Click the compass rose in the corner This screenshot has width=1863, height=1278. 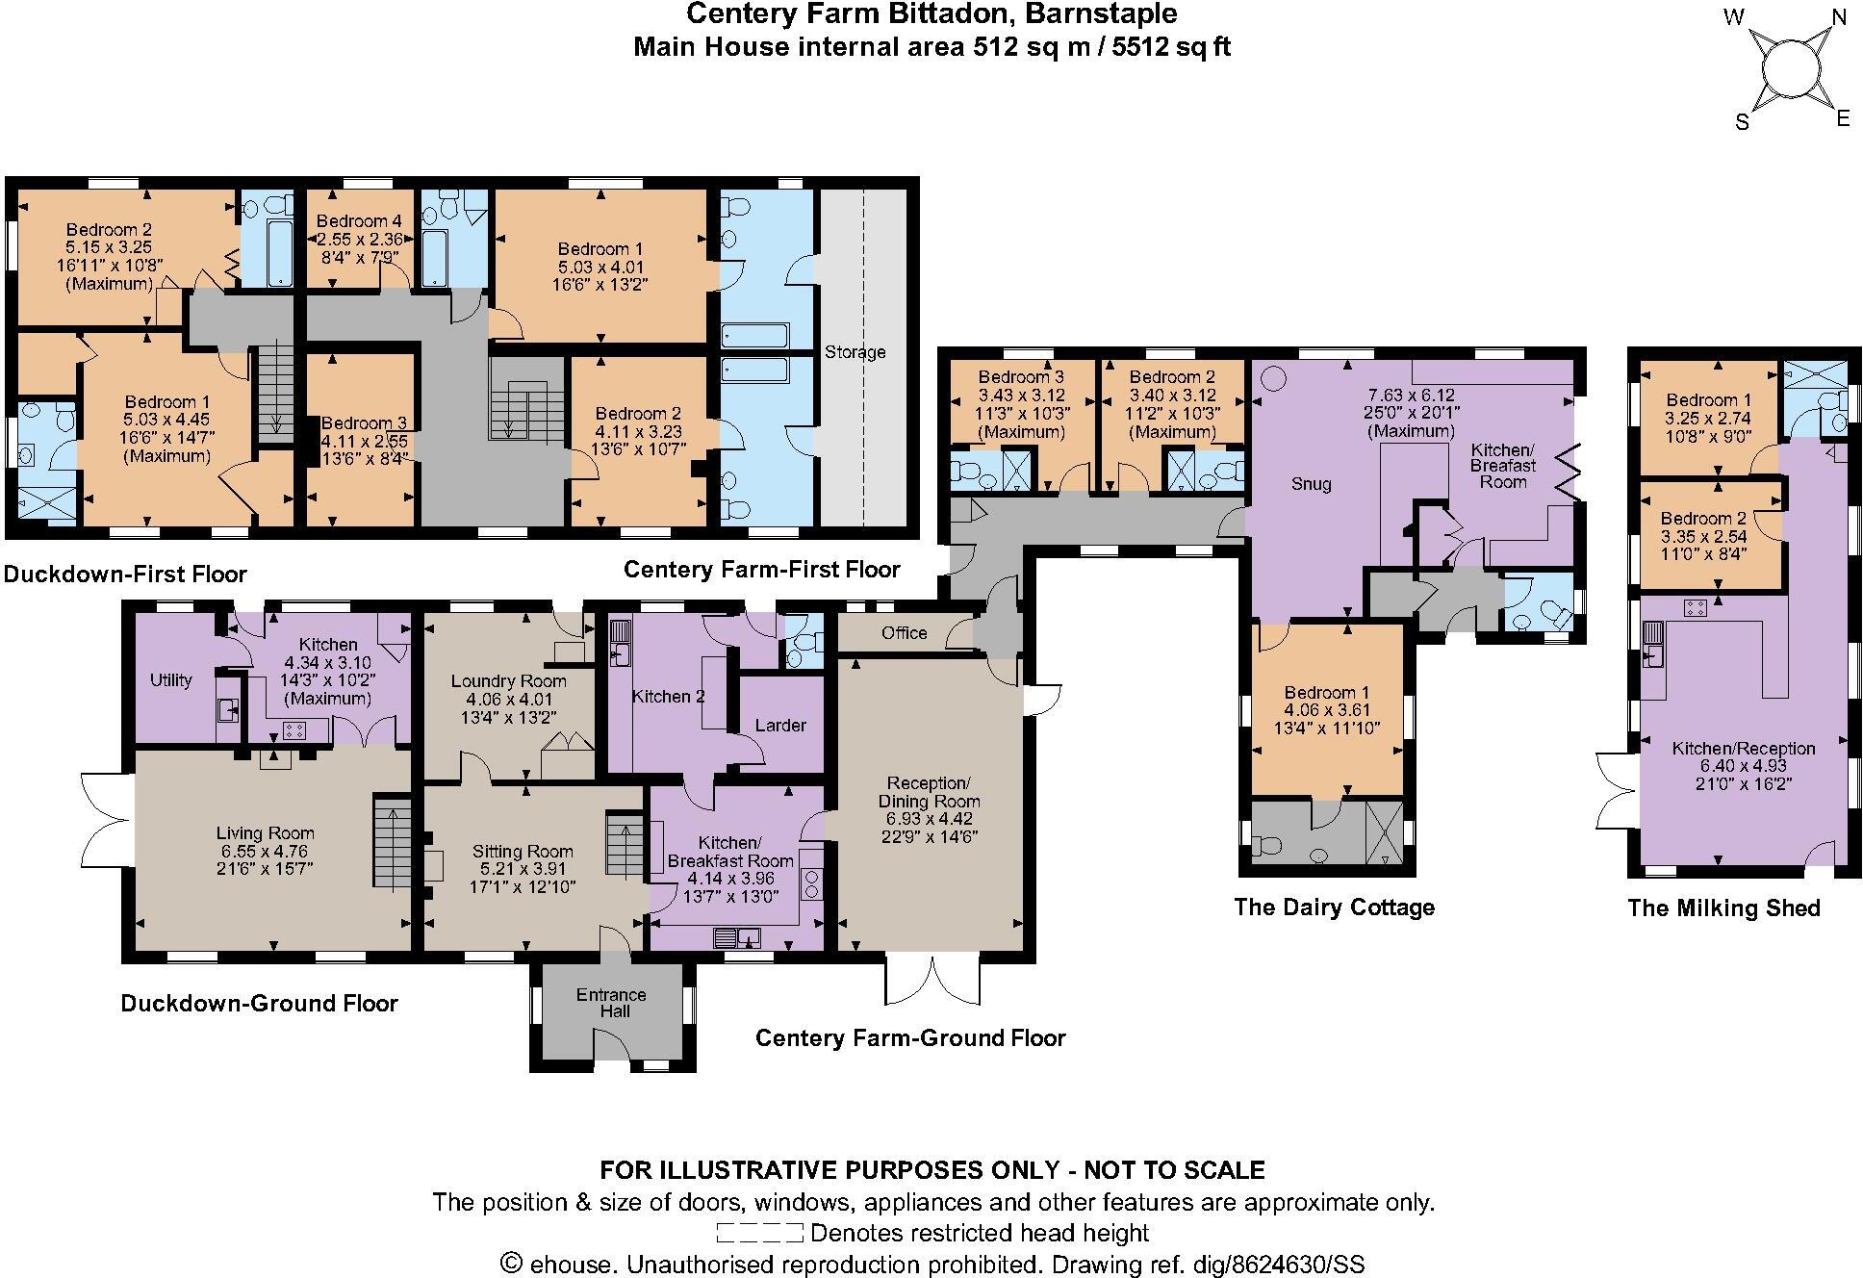point(1792,69)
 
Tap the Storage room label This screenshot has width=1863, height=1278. point(855,352)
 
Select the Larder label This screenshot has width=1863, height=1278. point(780,725)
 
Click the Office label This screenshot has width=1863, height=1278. point(904,632)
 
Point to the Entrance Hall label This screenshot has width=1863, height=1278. point(611,1003)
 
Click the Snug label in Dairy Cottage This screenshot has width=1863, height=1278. point(1311,484)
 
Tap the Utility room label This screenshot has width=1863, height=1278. point(170,680)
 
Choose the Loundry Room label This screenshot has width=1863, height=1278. point(509,680)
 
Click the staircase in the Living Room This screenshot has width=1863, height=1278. point(391,841)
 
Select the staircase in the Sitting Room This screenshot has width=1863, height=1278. point(623,844)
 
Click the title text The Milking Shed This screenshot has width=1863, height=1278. point(1723,907)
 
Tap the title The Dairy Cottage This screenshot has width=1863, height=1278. point(1334,907)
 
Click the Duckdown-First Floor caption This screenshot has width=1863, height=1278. point(125,575)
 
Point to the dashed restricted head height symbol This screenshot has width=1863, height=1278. point(759,1233)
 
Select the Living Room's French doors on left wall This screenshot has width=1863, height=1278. point(104,819)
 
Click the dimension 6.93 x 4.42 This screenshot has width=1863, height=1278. point(929,819)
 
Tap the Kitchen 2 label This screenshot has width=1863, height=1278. point(668,696)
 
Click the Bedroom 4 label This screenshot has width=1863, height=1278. point(359,221)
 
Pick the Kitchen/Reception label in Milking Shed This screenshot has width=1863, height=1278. point(1743,748)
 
